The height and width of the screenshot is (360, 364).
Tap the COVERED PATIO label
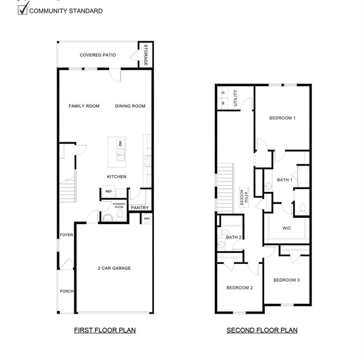coord(97,55)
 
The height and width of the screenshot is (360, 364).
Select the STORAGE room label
coord(146,55)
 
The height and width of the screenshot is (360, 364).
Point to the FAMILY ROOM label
coord(84,106)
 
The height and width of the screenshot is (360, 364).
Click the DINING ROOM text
coord(130,106)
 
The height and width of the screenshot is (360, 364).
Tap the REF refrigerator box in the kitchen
coord(108,191)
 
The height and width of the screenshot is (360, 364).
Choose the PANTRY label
coord(140,208)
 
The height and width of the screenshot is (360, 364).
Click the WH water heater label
coord(147,218)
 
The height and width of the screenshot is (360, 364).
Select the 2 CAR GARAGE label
coord(114,268)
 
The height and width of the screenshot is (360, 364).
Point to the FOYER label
coord(66,235)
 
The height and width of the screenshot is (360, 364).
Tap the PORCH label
coord(67,291)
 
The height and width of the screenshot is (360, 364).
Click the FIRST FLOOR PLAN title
coord(105,330)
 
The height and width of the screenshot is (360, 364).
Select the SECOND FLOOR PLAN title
coord(262,330)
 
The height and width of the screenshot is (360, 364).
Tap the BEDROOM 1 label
coord(282,118)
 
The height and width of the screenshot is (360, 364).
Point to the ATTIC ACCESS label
coord(244,196)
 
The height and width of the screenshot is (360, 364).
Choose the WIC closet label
coord(287,228)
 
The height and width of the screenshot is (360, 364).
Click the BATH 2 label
coord(234,237)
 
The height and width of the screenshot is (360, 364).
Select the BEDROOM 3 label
coord(286,280)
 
